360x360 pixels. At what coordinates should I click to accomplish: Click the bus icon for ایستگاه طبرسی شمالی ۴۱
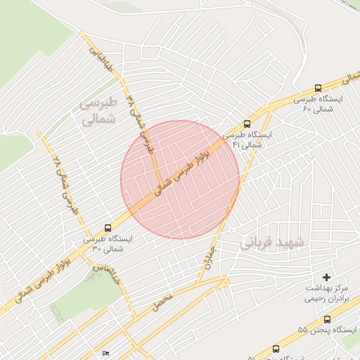tap(247, 122)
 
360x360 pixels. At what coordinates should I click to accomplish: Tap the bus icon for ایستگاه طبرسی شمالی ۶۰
tap(319, 89)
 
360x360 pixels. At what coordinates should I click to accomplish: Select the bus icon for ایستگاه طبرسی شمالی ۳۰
tap(108, 228)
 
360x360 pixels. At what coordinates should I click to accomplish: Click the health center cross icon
tap(326, 278)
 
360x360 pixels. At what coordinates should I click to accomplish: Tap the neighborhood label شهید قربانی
tap(274, 243)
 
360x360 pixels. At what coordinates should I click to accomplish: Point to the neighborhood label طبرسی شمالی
tap(96, 112)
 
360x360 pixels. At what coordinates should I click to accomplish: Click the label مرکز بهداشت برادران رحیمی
tap(326, 293)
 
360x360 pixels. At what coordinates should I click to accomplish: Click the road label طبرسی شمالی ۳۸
tap(140, 120)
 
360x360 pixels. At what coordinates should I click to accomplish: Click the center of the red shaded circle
tap(180, 180)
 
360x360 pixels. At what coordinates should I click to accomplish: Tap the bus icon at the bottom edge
tap(275, 349)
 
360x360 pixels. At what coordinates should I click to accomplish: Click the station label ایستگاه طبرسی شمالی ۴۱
tap(243, 139)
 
